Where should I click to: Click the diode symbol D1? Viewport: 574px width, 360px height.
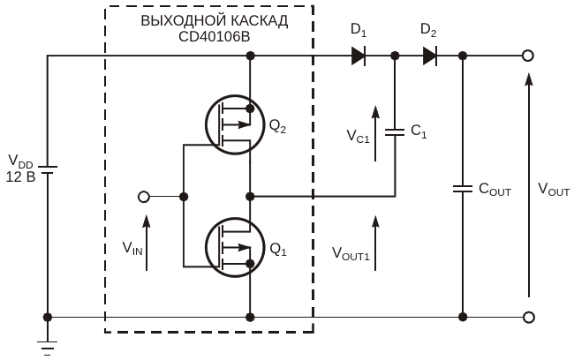coord(359,56)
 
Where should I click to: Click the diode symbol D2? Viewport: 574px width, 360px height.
coord(430,56)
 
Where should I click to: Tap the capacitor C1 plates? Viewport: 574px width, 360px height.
coord(395,132)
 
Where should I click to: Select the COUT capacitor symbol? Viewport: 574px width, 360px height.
coord(463,189)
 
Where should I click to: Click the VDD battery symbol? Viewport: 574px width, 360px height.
coord(47,169)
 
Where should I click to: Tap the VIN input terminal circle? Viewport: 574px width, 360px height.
coord(144,197)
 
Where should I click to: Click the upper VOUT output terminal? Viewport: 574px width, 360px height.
coord(527,56)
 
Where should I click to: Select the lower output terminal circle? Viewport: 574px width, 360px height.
coord(528,317)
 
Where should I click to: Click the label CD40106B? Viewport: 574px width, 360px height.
coord(215,36)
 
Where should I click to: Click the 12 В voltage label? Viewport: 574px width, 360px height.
coord(20,177)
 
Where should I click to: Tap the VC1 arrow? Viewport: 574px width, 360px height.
coord(375,133)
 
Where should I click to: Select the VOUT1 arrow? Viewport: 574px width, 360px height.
coord(375,243)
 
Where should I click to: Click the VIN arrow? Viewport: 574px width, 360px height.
coord(147,243)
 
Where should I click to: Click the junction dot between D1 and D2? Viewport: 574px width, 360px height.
coord(395,56)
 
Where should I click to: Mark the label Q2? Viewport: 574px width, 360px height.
coord(278,126)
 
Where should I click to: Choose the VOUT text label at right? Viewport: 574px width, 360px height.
coord(554,190)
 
